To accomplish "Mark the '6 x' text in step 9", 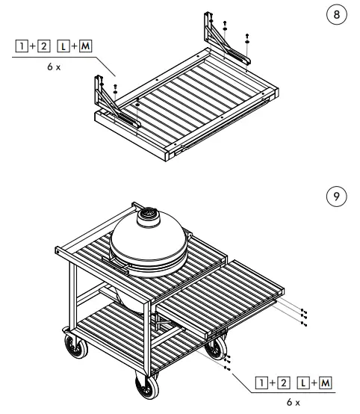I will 292,403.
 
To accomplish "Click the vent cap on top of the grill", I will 147,217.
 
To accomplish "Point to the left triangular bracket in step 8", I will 106,97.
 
